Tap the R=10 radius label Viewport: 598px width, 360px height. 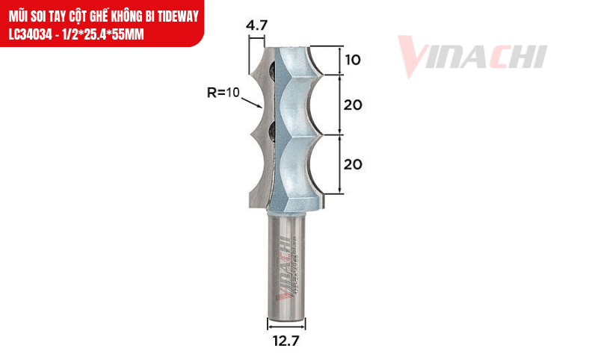(x=223, y=93)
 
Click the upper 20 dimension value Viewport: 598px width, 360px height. (x=354, y=105)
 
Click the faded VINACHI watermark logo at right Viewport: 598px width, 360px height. (x=472, y=56)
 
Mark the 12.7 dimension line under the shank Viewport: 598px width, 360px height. (x=286, y=324)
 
